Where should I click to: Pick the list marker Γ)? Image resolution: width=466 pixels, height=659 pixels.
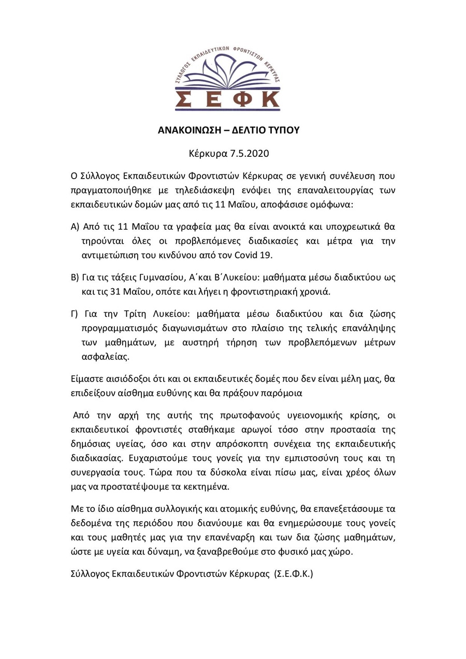click(x=75, y=314)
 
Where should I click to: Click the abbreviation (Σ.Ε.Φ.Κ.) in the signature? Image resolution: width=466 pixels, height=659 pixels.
click(x=294, y=574)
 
